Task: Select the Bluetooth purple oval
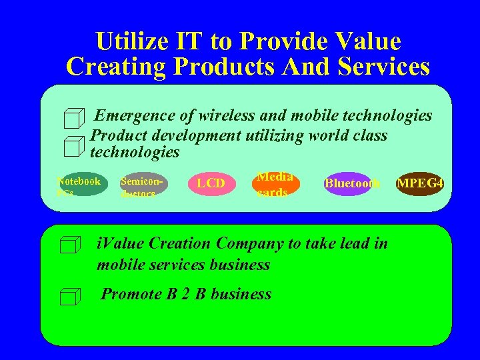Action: (x=351, y=183)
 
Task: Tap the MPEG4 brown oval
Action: (x=421, y=183)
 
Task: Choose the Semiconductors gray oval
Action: (x=143, y=184)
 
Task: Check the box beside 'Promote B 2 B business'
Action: (x=69, y=297)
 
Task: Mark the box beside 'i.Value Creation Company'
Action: (x=69, y=246)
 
